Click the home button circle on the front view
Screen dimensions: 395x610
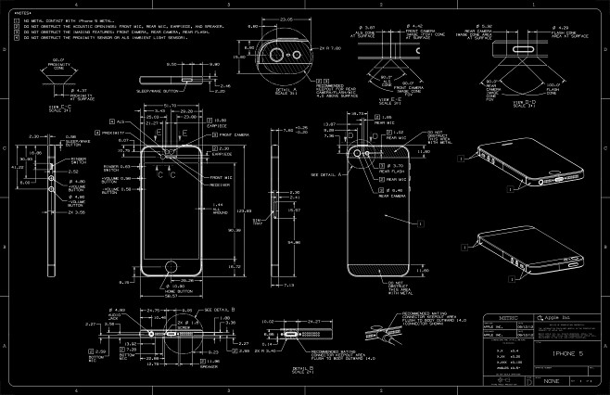coord(172,266)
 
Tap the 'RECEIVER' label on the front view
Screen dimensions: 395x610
coord(221,184)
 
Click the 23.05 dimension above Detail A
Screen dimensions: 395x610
coord(285,19)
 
